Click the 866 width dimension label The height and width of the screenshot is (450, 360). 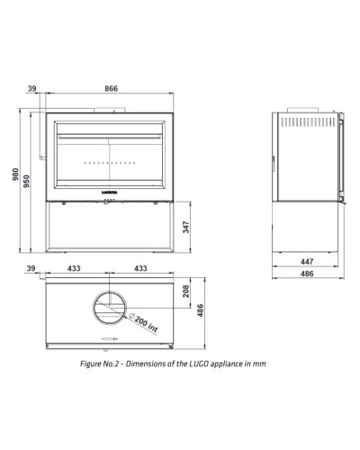[x=112, y=88]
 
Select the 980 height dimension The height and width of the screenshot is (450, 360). [x=15, y=175]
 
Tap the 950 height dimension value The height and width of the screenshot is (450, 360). [x=27, y=181]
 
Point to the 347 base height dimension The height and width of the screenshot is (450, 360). [x=186, y=227]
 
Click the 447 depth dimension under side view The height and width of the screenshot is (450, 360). [x=307, y=262]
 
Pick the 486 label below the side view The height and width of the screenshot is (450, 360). [x=307, y=274]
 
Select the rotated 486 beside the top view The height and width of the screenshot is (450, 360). [x=201, y=310]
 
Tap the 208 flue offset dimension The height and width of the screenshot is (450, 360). [x=186, y=291]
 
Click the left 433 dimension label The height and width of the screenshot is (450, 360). [x=74, y=268]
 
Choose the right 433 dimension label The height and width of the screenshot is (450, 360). [x=140, y=268]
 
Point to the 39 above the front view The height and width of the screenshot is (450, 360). [x=32, y=88]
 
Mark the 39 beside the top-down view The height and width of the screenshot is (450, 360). [x=31, y=268]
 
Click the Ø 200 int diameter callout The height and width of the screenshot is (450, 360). [x=143, y=322]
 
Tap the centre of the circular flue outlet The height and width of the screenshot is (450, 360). [x=110, y=308]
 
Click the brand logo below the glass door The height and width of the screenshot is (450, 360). [x=110, y=193]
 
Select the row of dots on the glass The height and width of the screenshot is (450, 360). [x=110, y=163]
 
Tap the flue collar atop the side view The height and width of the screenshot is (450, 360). [x=303, y=110]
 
